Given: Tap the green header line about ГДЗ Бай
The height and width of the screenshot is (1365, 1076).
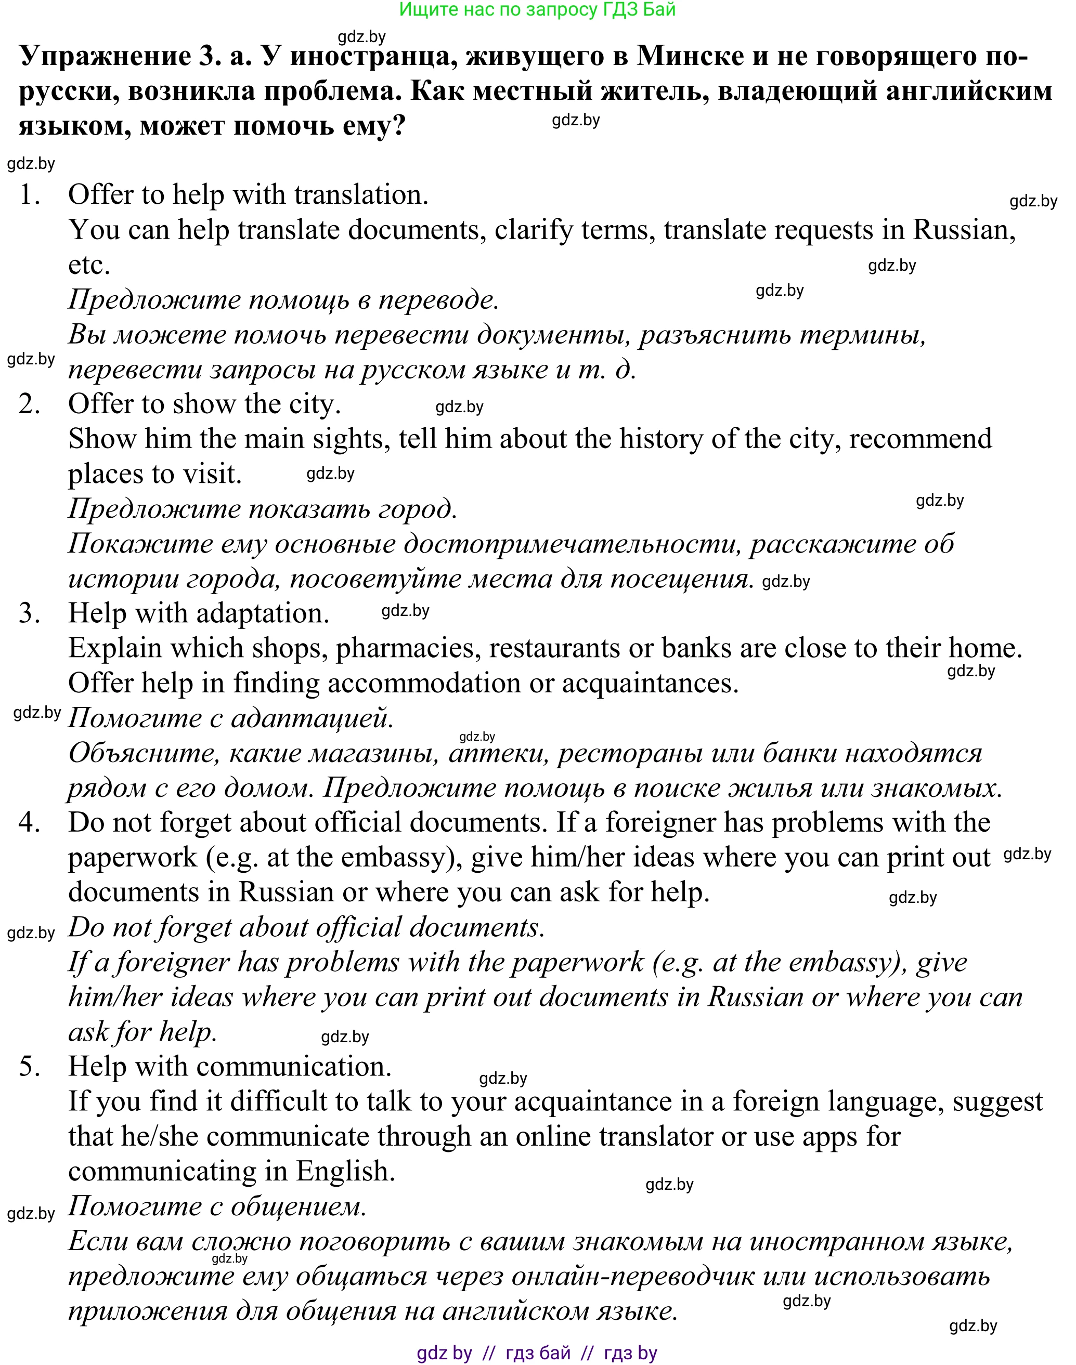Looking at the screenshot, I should [x=537, y=9].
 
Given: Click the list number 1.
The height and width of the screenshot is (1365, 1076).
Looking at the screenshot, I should [x=29, y=195].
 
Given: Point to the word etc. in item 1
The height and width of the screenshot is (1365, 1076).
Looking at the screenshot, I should [x=89, y=265].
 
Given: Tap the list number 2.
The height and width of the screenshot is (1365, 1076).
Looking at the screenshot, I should [x=29, y=404].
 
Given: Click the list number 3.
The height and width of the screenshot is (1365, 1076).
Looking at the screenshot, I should [x=29, y=613].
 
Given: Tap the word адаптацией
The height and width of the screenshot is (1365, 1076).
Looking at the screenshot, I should [x=313, y=718].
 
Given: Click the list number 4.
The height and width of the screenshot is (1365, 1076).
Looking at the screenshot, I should [x=29, y=822].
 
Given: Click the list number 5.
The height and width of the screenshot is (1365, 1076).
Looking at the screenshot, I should [x=29, y=1067].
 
